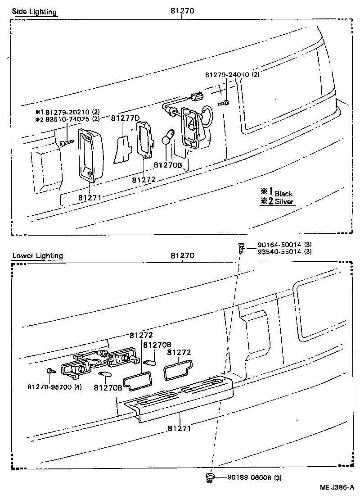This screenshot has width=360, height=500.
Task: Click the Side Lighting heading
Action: click(x=34, y=12)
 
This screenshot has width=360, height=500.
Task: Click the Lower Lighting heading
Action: click(x=37, y=255)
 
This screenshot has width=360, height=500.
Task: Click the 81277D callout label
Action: click(x=126, y=118)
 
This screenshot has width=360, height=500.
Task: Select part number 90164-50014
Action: click(x=279, y=245)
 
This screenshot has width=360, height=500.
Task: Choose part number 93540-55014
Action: click(x=279, y=251)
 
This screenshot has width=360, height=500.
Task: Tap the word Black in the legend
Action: click(x=283, y=194)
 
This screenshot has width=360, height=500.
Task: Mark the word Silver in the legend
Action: click(x=284, y=202)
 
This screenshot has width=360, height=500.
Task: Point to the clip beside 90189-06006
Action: click(x=209, y=477)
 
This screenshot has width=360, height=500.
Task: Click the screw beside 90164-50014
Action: click(x=241, y=247)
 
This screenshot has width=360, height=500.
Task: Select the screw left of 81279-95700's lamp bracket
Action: click(x=49, y=371)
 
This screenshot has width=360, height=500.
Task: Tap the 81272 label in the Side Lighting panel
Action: click(x=144, y=179)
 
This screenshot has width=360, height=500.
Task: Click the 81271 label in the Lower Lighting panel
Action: click(x=179, y=428)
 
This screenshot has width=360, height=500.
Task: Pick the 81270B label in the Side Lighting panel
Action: click(x=168, y=165)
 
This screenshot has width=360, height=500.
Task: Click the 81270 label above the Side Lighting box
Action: click(x=182, y=12)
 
